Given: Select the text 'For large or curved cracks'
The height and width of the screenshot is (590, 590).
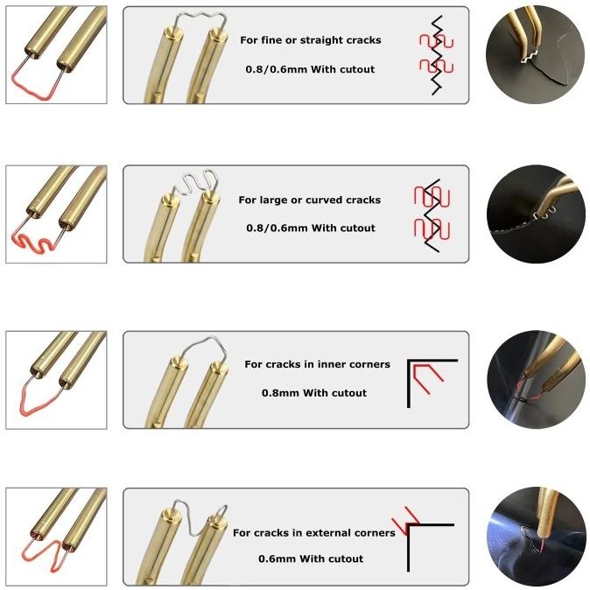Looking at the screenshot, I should (310, 200).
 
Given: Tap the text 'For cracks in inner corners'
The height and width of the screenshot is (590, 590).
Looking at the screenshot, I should (317, 364).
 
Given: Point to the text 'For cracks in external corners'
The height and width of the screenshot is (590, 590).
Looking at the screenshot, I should (314, 532).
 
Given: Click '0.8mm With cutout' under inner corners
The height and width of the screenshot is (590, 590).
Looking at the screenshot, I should (314, 393).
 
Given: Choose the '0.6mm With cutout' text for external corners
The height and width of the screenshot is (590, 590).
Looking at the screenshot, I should (311, 558).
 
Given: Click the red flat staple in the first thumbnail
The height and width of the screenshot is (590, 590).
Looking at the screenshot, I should (35, 84).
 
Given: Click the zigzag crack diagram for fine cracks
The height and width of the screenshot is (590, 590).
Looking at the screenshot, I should (434, 54).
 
